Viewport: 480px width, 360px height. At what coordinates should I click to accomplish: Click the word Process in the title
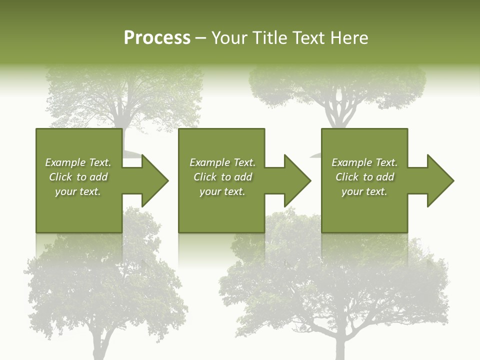click(157, 38)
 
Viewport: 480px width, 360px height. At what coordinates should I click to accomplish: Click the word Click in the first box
click(60, 177)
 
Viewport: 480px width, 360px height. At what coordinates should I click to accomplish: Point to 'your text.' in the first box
click(78, 191)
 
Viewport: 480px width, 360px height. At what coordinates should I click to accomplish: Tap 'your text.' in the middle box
click(222, 191)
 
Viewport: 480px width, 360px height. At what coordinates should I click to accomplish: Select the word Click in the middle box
click(204, 177)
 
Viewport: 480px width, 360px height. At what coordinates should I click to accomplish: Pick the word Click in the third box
click(346, 177)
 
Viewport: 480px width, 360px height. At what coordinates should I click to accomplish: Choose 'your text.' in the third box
click(364, 191)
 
